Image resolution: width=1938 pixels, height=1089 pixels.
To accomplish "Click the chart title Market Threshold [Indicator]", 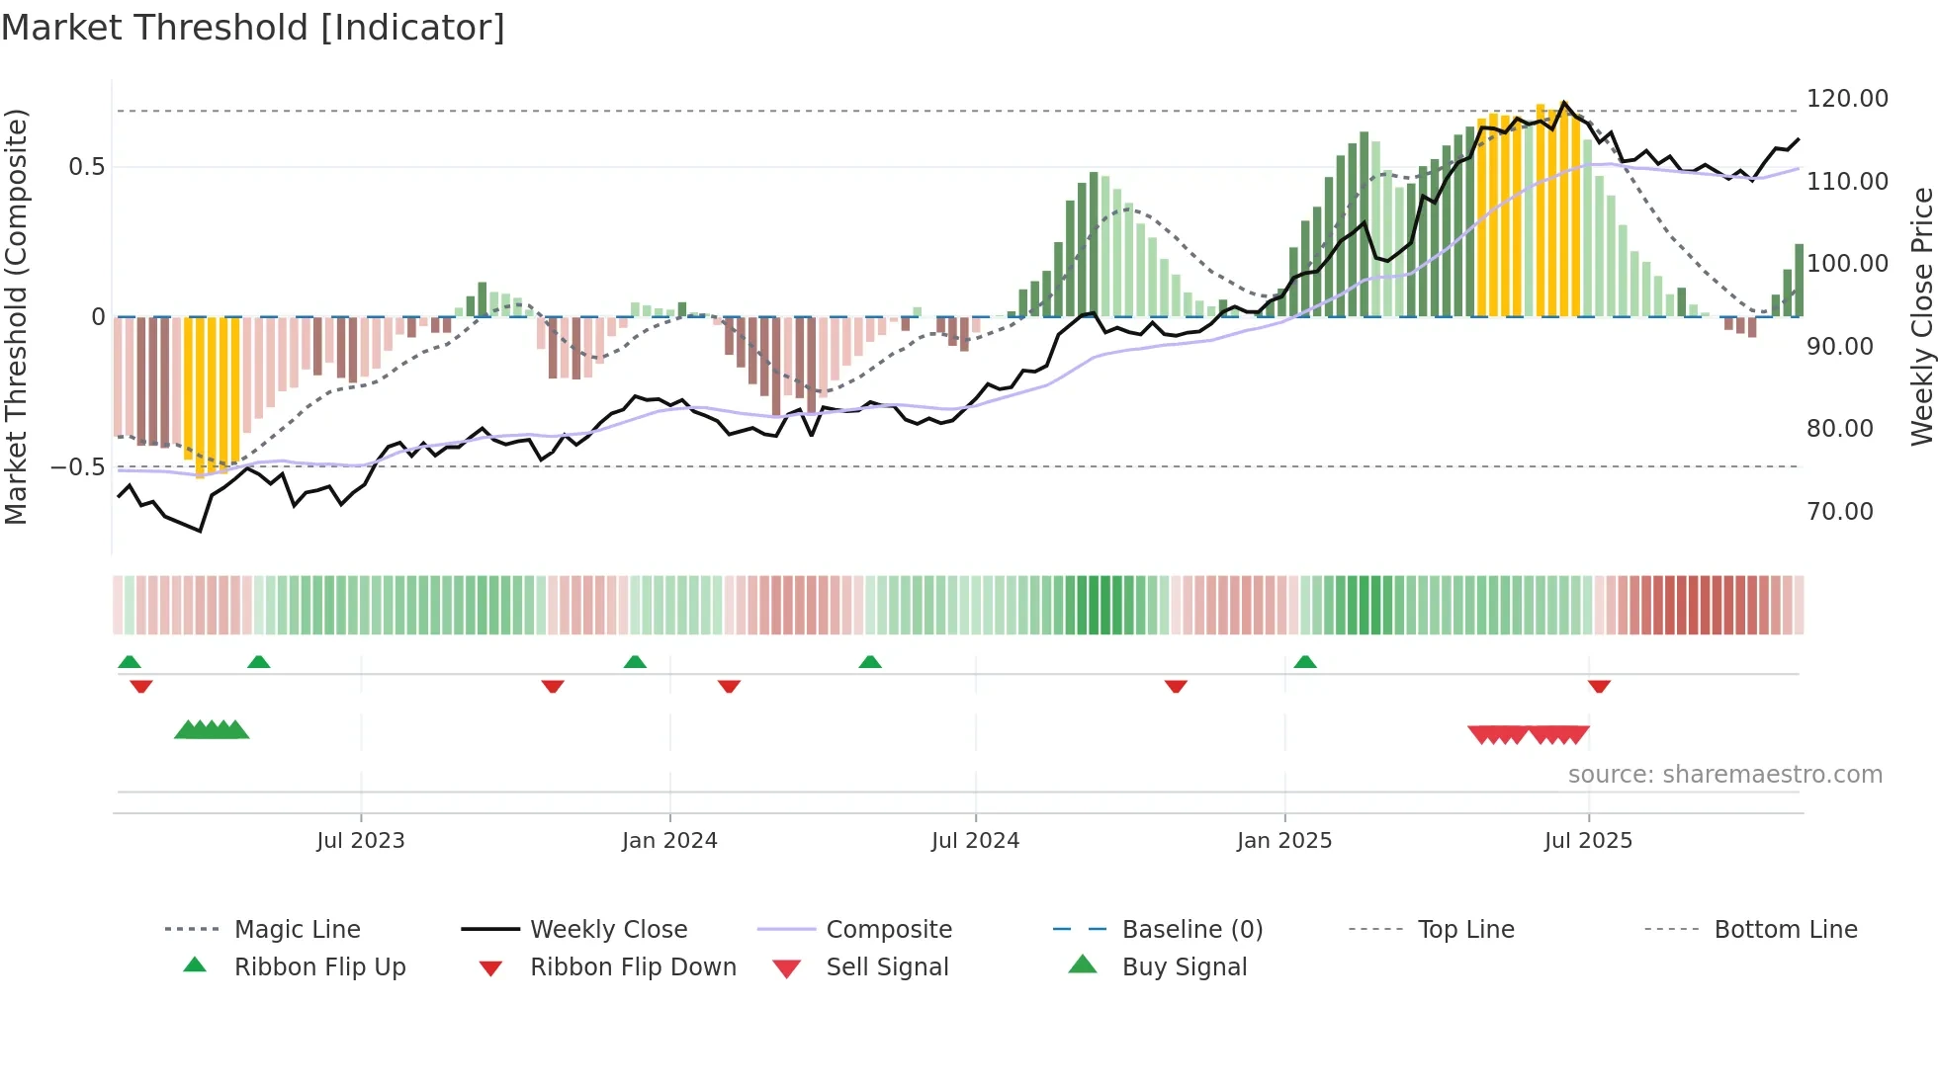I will point(253,28).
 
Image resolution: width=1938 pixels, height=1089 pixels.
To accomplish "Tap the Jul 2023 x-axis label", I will point(361,841).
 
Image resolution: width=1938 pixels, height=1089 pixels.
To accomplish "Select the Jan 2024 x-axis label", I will point(669,841).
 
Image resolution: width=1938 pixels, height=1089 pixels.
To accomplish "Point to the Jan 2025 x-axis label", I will point(1284,841).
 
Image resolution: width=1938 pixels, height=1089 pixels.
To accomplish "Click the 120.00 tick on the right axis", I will point(1847,99).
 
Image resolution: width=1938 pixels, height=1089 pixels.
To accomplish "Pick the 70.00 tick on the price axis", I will point(1839,512).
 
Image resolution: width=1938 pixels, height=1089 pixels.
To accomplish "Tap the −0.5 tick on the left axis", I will point(78,467).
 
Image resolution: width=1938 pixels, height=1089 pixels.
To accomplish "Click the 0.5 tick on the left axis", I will point(86,167).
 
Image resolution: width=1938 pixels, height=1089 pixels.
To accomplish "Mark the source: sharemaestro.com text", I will point(1724,775).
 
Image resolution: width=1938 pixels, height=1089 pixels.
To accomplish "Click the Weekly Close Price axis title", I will point(1921,316).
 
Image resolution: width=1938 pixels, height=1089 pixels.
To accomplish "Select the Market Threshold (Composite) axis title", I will point(16,316).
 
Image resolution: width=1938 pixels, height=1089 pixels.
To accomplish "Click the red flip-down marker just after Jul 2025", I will point(1599,686).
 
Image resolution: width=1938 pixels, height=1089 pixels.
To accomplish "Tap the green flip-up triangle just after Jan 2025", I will point(1305,662).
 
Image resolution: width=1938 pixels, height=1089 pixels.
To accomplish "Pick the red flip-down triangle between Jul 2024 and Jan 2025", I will point(1176,686).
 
